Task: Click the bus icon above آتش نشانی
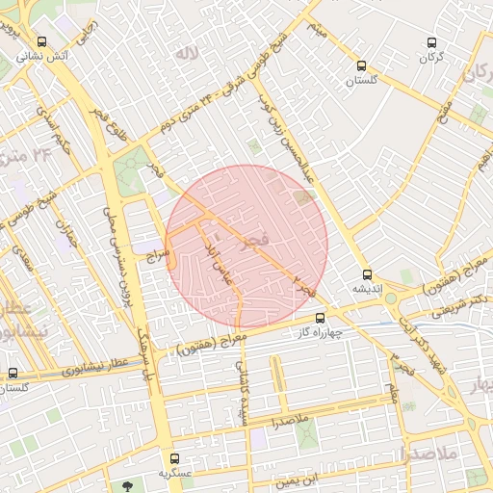[41, 42]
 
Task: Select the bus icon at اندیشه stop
[367, 274]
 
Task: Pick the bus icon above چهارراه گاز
[321, 318]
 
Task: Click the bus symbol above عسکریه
[174, 459]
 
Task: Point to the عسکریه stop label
[174, 474]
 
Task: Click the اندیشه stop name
[367, 289]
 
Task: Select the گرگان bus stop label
[431, 57]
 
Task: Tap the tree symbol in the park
[128, 485]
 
